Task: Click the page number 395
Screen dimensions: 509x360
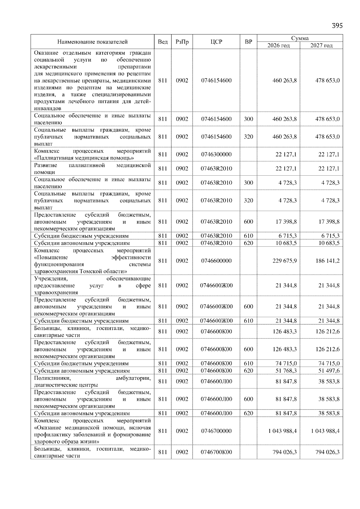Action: [337, 25]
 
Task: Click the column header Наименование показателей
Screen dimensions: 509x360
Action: [92, 42]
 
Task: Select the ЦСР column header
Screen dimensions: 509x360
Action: [216, 42]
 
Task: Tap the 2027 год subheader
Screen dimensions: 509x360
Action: [321, 45]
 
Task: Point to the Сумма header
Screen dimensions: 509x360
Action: [300, 38]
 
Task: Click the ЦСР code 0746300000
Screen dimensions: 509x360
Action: [216, 154]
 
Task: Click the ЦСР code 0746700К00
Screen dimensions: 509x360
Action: [216, 452]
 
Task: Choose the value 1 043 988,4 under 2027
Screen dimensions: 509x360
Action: [325, 431]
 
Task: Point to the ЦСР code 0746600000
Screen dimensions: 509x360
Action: [216, 261]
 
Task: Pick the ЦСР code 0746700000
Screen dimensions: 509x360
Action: [216, 431]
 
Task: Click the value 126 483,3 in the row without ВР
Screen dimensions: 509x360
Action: [284, 332]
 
